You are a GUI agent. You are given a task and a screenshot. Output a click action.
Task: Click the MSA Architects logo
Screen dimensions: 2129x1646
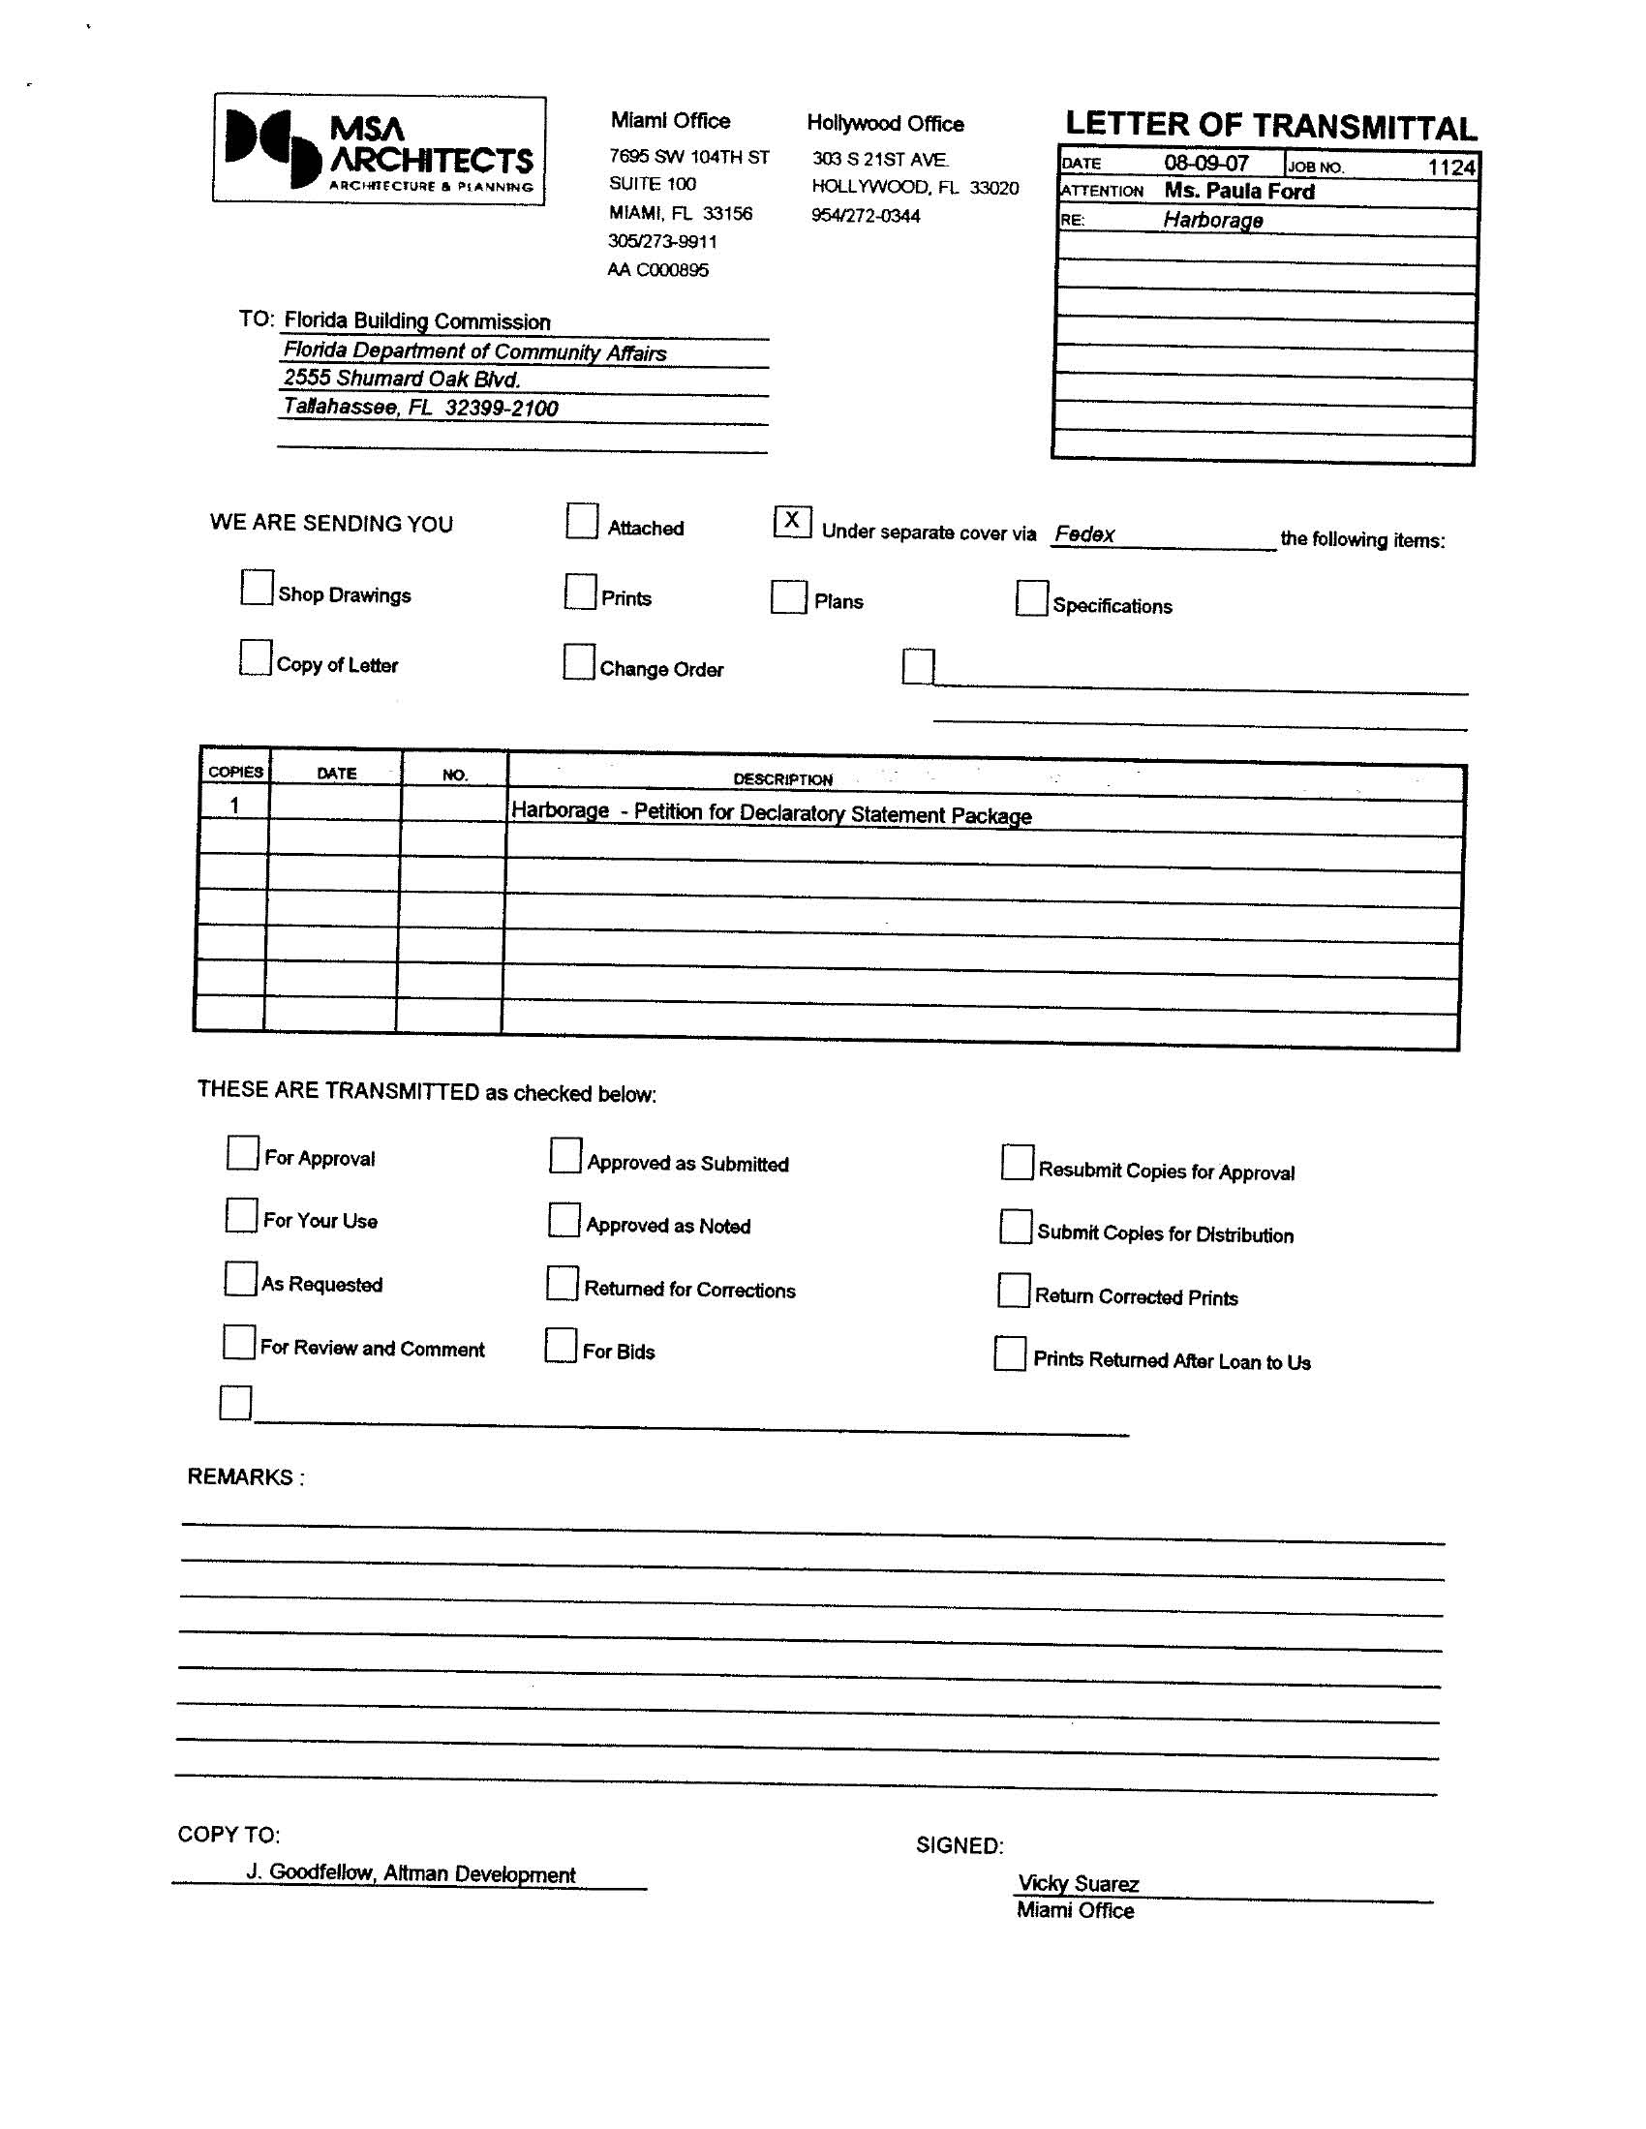pos(379,150)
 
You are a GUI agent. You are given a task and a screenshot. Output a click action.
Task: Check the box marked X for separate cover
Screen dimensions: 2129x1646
pos(792,522)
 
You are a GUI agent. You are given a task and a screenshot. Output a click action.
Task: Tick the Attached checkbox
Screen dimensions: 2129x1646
pos(581,521)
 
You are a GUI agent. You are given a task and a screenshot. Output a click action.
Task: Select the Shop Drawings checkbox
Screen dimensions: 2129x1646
pos(257,588)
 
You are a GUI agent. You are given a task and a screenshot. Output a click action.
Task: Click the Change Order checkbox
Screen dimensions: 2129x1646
pos(578,662)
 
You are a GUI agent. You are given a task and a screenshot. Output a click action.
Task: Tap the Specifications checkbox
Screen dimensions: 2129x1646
pos(1031,598)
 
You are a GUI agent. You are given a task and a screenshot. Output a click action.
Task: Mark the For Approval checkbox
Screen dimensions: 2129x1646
pos(242,1152)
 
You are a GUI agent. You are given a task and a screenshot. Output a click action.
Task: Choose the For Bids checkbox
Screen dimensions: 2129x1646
pos(561,1345)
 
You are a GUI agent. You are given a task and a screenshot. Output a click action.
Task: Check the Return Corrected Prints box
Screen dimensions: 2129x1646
pos(1013,1290)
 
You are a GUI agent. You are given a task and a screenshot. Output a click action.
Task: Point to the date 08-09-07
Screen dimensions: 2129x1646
pos(1205,164)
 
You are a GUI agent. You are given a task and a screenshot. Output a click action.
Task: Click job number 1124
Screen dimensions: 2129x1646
pos(1451,167)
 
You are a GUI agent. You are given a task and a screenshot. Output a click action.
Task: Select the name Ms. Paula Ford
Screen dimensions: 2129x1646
pos(1238,192)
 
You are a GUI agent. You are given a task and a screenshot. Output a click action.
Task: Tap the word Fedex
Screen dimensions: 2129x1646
pos(1084,534)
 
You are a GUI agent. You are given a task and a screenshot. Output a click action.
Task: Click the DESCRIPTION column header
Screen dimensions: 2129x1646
pos(782,779)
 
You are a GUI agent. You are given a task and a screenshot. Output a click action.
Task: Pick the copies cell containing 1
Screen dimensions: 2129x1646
pos(234,806)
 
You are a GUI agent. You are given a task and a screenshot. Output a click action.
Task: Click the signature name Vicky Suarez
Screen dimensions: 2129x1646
pos(1078,1884)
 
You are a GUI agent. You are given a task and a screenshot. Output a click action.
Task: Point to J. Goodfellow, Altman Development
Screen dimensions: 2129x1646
pos(410,1873)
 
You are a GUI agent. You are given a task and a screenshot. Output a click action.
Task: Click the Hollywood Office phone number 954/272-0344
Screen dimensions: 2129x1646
pos(865,217)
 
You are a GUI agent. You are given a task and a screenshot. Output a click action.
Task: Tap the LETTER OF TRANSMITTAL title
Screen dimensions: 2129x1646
pos(1269,126)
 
